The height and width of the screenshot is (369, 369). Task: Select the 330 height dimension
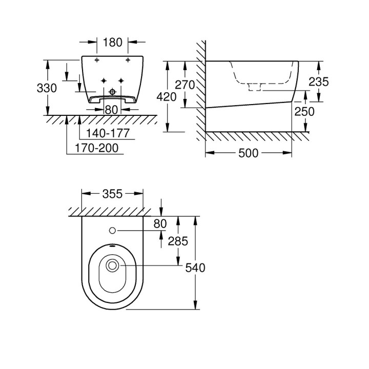point(47,88)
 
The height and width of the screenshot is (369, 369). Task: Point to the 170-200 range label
point(96,148)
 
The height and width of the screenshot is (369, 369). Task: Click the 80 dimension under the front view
point(112,109)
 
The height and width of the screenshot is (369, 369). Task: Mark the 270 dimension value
point(185,85)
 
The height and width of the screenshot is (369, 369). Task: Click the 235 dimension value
point(318,81)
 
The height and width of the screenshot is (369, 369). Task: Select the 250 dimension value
point(305,111)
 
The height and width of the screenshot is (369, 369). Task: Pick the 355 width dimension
point(112,193)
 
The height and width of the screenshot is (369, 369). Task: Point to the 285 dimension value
point(177,241)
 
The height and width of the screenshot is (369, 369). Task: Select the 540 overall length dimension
point(195,267)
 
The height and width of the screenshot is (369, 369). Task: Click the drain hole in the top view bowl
point(113,265)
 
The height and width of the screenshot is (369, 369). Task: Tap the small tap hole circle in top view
point(113,231)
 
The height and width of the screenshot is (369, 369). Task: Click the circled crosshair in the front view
point(112,93)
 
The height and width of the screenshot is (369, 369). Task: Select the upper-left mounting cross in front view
point(96,60)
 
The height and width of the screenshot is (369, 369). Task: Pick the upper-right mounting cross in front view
point(127,60)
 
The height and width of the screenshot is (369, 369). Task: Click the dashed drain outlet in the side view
point(255,87)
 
